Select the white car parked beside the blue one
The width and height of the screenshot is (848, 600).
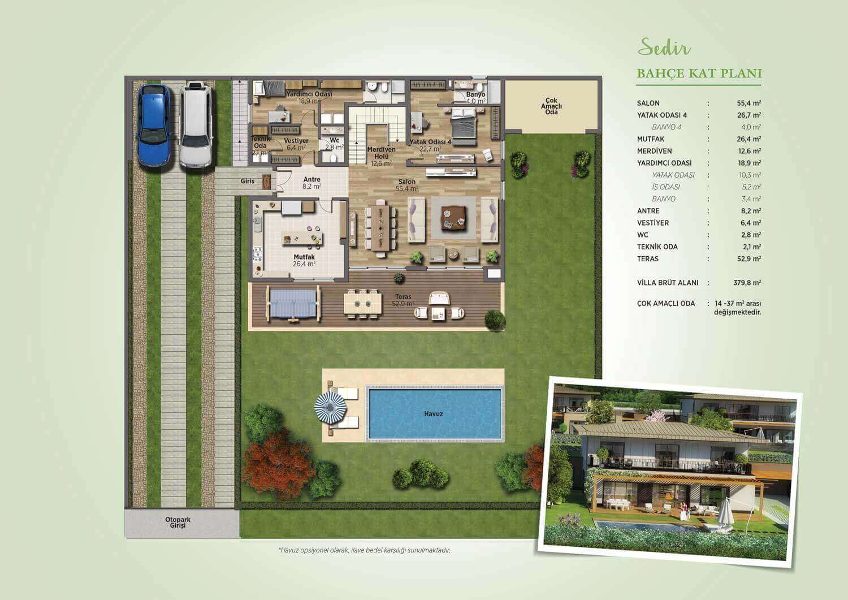click(196, 125)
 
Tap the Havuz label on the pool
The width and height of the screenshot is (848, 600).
click(434, 414)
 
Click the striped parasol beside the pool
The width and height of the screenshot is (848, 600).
click(331, 408)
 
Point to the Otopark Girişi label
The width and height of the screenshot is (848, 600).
click(178, 523)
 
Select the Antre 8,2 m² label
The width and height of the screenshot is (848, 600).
click(312, 183)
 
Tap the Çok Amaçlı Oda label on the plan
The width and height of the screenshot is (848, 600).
click(551, 106)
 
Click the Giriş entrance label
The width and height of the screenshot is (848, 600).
click(247, 181)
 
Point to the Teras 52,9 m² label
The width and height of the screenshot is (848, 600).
click(403, 300)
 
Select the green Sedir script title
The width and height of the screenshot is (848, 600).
click(664, 48)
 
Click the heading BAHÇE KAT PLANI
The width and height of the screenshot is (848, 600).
click(699, 73)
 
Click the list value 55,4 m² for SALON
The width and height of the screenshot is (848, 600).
click(749, 103)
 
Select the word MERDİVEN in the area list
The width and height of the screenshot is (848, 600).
click(654, 151)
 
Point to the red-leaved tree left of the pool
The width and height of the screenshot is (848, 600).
click(278, 464)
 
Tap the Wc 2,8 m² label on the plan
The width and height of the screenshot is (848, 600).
click(334, 144)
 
